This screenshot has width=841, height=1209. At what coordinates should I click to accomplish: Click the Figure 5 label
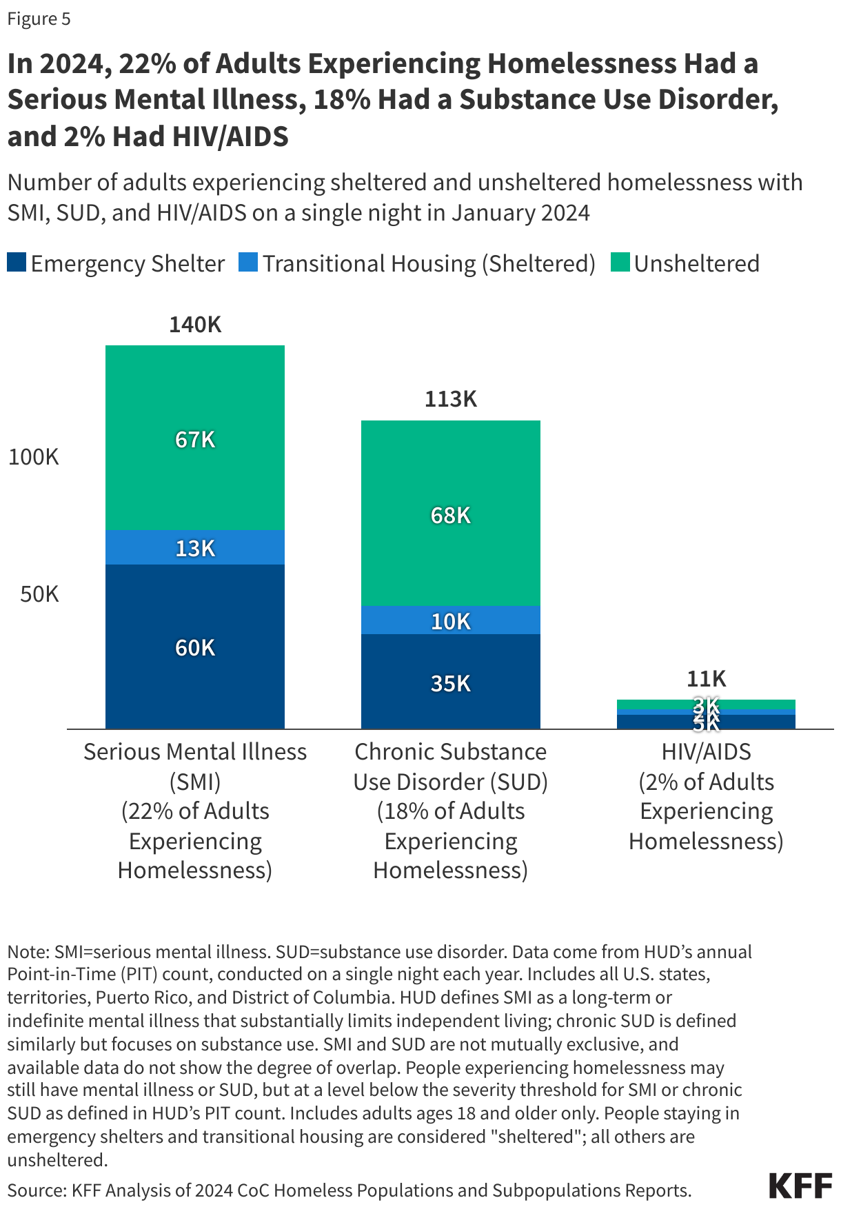point(39,19)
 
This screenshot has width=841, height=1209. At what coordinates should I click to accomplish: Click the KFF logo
point(800,1186)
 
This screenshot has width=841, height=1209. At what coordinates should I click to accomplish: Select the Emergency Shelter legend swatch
point(17,263)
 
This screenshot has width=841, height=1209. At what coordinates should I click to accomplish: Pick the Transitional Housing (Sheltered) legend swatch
point(248,263)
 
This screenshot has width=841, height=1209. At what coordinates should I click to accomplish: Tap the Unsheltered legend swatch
point(620,263)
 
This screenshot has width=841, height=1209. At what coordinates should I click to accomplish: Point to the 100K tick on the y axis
point(33,457)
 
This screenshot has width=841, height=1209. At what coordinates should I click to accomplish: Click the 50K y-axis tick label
point(39,594)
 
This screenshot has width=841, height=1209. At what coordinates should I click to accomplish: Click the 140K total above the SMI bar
point(195,325)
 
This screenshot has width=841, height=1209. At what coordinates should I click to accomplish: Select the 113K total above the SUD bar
point(450,399)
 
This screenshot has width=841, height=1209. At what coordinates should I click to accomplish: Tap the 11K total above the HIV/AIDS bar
point(706,679)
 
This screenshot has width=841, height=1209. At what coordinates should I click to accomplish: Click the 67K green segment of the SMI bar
point(195,439)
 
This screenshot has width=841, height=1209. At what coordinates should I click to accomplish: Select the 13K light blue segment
point(195,548)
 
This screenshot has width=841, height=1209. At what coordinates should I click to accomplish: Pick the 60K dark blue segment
point(195,647)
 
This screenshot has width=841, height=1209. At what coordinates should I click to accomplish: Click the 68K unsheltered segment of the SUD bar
point(450,515)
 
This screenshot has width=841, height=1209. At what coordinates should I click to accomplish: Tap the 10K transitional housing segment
point(450,621)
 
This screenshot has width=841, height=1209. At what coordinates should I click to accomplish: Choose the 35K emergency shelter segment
point(450,683)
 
